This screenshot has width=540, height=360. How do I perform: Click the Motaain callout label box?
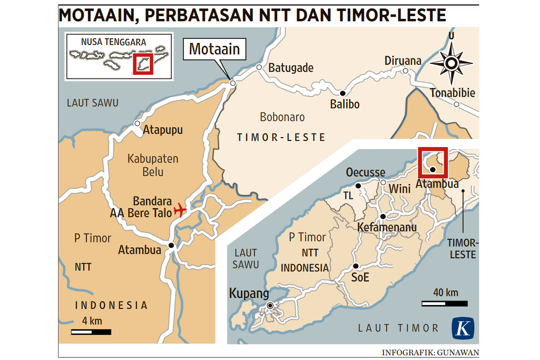point(214,49)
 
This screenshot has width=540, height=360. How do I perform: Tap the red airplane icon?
point(180,209)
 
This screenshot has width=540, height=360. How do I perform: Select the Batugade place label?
point(291,68)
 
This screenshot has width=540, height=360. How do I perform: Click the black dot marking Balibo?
point(342,93)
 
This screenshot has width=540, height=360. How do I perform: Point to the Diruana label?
point(403,61)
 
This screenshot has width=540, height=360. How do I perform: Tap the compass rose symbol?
point(451,63)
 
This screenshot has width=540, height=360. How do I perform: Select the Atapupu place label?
point(163,130)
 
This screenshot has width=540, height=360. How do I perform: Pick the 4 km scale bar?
point(91,332)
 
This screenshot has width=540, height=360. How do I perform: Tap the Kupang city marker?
point(270,306)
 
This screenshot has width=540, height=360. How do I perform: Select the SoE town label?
point(360,277)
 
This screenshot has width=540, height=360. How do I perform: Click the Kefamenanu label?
point(387,228)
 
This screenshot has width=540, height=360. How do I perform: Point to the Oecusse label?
point(365,172)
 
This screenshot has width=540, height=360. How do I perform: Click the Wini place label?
point(400,189)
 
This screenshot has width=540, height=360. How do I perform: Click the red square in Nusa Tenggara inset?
point(143,63)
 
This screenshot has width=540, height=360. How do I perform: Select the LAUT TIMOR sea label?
point(398,328)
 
